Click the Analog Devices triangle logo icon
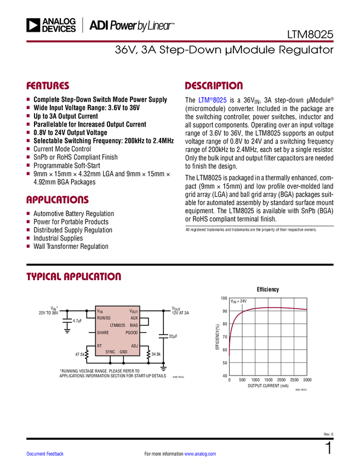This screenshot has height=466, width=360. pyautogui.click(x=34, y=25)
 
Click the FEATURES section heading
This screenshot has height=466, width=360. pyautogui.click(x=48, y=86)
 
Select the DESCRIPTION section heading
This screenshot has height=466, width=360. pyautogui.click(x=214, y=86)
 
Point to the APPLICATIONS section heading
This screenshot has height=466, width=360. pyautogui.click(x=57, y=200)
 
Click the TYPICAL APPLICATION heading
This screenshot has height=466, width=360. pyautogui.click(x=73, y=276)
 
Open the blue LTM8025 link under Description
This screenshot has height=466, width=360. pyautogui.click(x=213, y=101)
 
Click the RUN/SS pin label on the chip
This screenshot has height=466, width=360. pyautogui.click(x=104, y=318)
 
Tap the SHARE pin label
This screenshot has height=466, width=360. pyautogui.click(x=102, y=333)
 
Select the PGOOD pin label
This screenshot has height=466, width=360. pyautogui.click(x=132, y=333)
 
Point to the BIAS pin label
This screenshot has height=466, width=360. pyautogui.click(x=134, y=325)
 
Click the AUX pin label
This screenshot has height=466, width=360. pyautogui.click(x=134, y=318)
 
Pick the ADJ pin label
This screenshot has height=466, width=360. pyautogui.click(x=134, y=346)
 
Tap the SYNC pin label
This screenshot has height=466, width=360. pyautogui.click(x=110, y=351)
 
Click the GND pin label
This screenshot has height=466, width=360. pyautogui.click(x=123, y=351)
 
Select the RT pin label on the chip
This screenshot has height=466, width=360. pyautogui.click(x=99, y=346)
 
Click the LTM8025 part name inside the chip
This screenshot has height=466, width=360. pyautogui.click(x=117, y=325)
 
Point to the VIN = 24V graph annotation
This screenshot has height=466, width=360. pyautogui.click(x=238, y=301)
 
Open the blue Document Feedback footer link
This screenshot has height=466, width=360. pyautogui.click(x=45, y=454)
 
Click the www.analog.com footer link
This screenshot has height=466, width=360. pyautogui.click(x=200, y=454)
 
